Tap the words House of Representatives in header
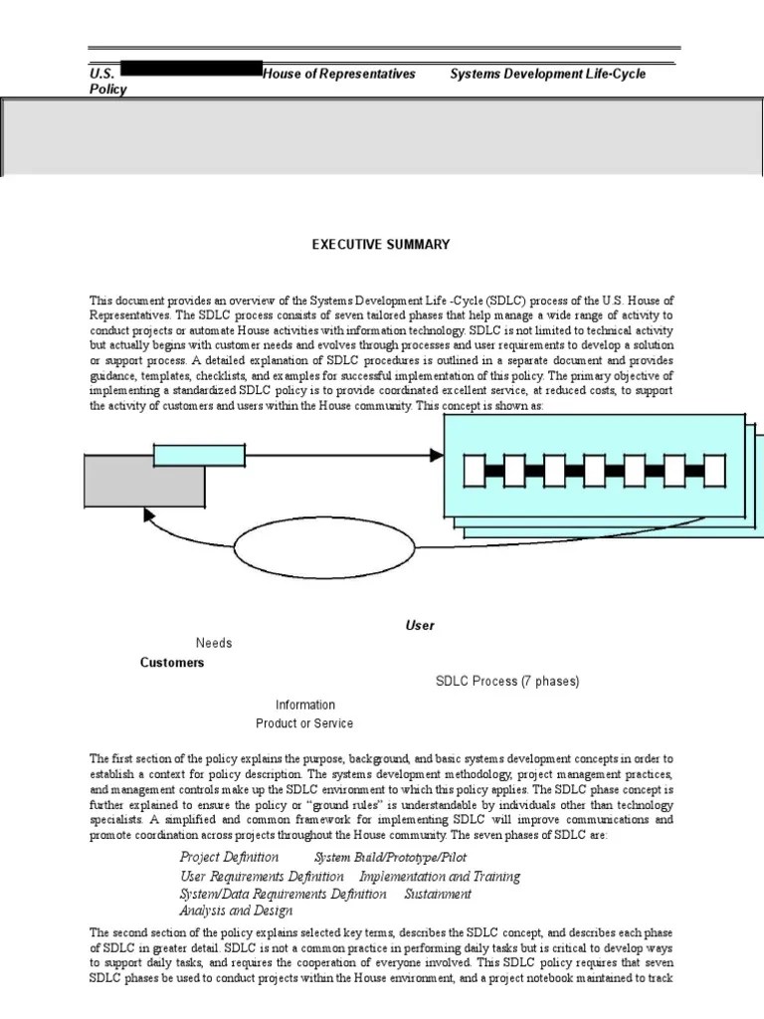(x=339, y=75)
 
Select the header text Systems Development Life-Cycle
(x=548, y=75)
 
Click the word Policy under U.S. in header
(x=108, y=89)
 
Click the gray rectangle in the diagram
(x=144, y=479)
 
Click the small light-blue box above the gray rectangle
(x=196, y=456)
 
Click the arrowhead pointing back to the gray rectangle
(x=150, y=515)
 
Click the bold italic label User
(x=419, y=626)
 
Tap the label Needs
(x=214, y=644)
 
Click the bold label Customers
(x=172, y=663)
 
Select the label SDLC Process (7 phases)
(x=507, y=682)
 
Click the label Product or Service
(x=304, y=723)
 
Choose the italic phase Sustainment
(x=438, y=894)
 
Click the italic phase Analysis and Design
(x=236, y=911)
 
